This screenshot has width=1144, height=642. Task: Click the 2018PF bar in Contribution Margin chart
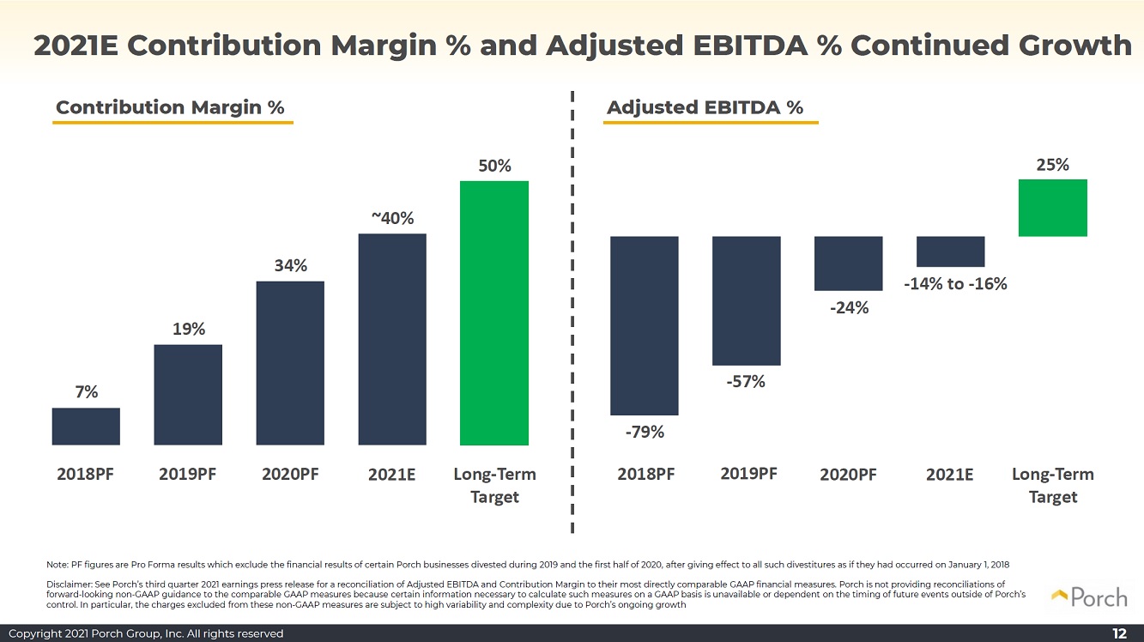click(86, 426)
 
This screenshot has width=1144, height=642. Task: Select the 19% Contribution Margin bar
click(188, 395)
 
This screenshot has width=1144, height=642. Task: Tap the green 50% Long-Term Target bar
click(494, 313)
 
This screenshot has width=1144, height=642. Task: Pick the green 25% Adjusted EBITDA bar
click(1052, 208)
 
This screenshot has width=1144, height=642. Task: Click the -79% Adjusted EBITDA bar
click(645, 325)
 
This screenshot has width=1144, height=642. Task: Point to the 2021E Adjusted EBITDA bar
click(950, 251)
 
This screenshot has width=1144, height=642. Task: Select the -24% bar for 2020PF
click(848, 263)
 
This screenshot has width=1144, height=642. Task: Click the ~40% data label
click(392, 218)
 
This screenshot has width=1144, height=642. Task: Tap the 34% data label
click(291, 265)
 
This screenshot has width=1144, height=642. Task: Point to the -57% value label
click(746, 382)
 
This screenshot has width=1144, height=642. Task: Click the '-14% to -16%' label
click(955, 283)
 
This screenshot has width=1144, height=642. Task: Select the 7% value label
click(87, 391)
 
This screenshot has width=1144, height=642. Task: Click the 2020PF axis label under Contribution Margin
click(290, 474)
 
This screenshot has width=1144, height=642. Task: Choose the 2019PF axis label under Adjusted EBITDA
click(748, 474)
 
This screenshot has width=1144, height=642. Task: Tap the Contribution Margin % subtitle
click(170, 107)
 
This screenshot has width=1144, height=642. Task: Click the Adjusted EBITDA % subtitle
click(705, 107)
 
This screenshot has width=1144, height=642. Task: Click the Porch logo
click(1089, 597)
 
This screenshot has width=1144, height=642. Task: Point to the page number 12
click(1119, 633)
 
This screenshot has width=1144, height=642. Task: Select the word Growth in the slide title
click(1075, 45)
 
